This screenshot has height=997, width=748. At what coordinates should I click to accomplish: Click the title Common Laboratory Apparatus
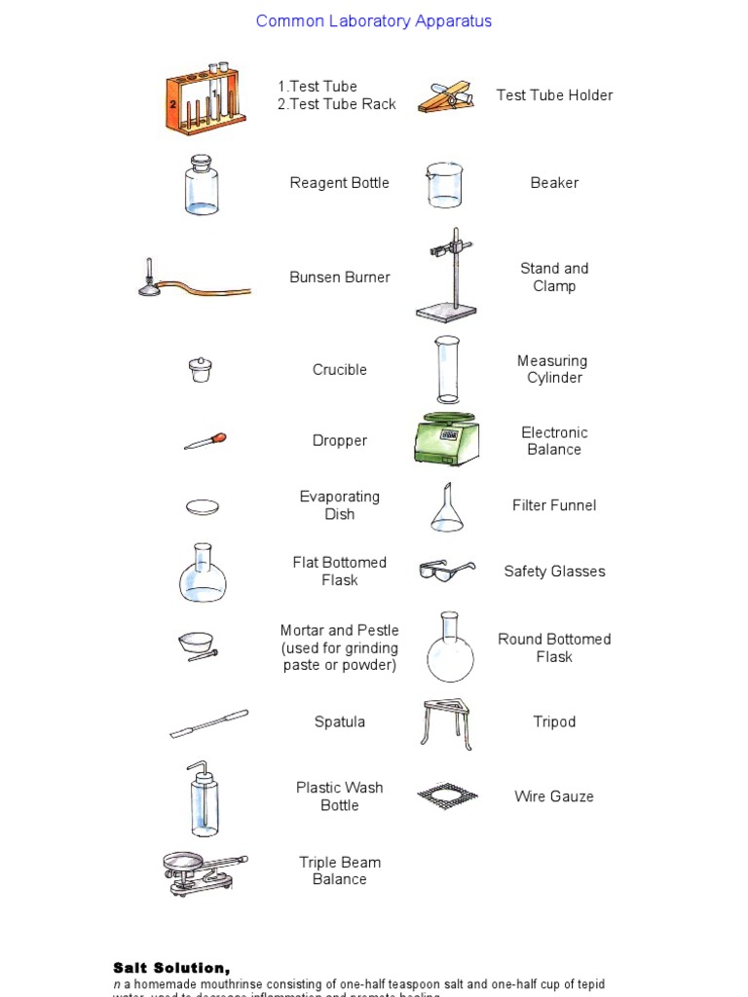pos(373,21)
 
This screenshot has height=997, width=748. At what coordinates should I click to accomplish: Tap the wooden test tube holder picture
pos(447,96)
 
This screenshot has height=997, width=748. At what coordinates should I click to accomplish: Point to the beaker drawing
pos(444,184)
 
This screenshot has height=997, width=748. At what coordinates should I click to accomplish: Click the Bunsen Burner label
pos(339,277)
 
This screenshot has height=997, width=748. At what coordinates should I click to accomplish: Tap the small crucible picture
pos(201,369)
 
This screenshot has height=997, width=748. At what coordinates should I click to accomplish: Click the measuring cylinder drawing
pos(447,369)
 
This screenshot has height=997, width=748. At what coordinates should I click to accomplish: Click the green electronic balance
pos(446,440)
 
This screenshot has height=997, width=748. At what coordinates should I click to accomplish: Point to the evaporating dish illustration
pos(203,506)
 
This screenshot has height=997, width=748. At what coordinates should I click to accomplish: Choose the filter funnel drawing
pos(447,507)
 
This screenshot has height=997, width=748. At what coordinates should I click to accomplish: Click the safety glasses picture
pos(446,571)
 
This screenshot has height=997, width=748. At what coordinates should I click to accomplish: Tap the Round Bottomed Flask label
pos(554,647)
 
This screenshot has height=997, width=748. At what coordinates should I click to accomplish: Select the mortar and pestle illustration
pos(199,646)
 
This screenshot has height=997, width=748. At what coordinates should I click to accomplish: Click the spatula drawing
pos(208,723)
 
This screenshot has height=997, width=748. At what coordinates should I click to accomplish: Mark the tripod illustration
pos(447,723)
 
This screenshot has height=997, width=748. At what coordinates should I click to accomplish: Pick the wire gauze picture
pos(448,796)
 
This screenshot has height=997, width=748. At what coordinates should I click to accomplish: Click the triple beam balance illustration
pos(202,871)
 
